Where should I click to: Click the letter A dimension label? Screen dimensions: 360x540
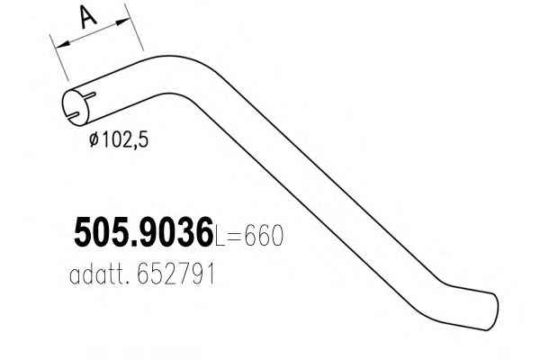pyautogui.click(x=87, y=17)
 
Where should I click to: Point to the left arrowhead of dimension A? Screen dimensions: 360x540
pyautogui.click(x=58, y=43)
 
